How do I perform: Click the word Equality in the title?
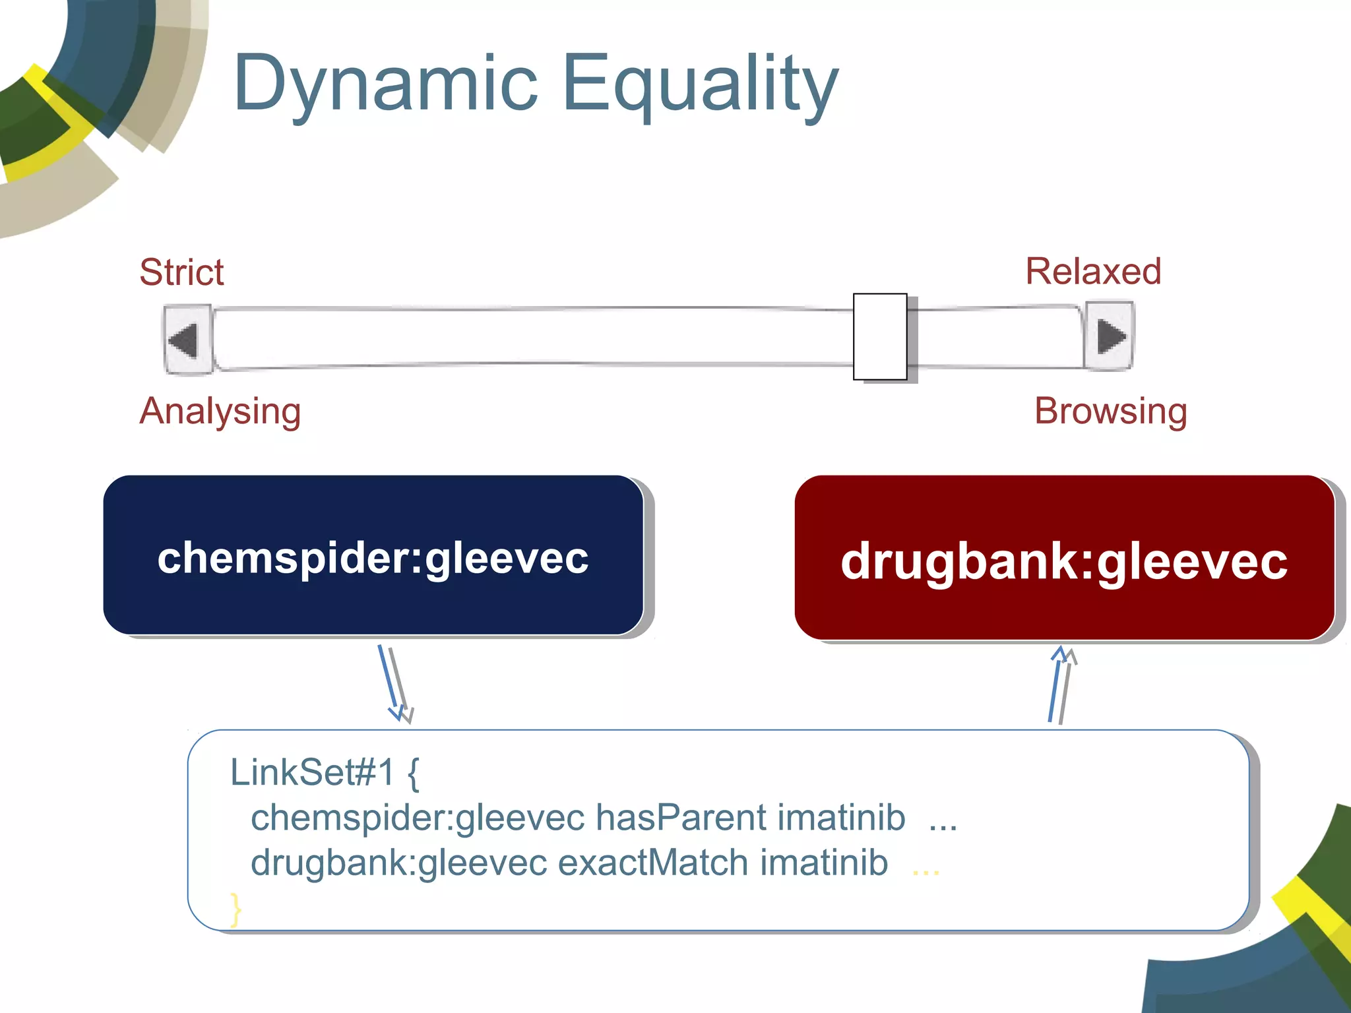[699, 86]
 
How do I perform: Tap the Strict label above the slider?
[181, 272]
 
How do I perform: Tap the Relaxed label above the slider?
[1093, 272]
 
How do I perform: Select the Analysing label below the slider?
[220, 412]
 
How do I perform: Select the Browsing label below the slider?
[1111, 412]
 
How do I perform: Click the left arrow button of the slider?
[187, 340]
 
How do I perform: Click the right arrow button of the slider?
[1109, 336]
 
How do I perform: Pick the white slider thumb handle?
[880, 336]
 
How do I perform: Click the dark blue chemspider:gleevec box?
[373, 555]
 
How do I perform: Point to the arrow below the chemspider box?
[395, 684]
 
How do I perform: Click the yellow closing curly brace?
[235, 909]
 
